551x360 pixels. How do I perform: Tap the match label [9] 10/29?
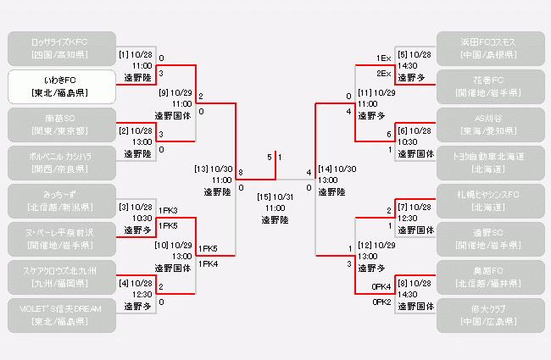175,92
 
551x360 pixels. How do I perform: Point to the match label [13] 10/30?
213,169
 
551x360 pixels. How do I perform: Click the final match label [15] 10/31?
275,197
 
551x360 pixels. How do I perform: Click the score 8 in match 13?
242,173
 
